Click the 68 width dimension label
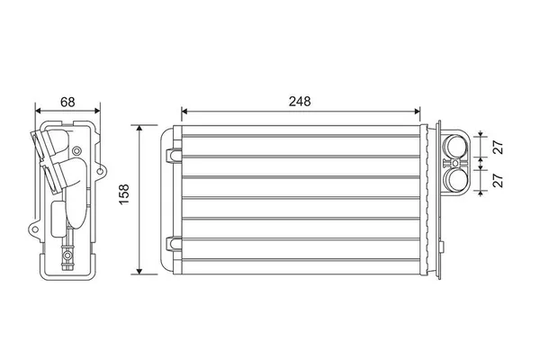click(x=67, y=102)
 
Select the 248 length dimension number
click(x=300, y=102)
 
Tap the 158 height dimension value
click(x=124, y=194)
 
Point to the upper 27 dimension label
click(x=499, y=147)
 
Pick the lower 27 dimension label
click(x=499, y=180)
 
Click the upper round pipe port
click(x=455, y=146)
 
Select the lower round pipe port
click(x=455, y=179)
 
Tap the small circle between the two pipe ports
click(x=455, y=163)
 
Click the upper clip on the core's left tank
click(x=173, y=155)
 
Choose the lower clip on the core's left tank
click(x=173, y=244)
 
